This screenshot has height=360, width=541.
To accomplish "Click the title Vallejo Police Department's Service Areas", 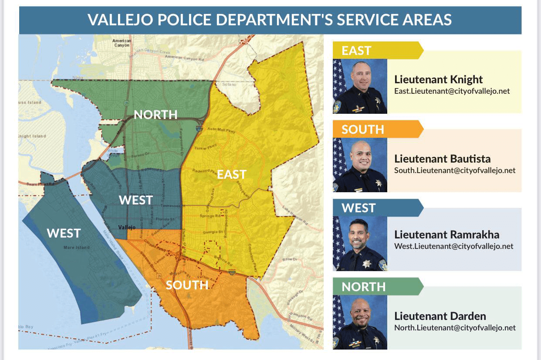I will click(x=270, y=20).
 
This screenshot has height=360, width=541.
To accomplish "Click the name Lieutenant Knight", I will click(x=438, y=80).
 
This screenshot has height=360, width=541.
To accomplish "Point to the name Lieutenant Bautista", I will click(x=442, y=159).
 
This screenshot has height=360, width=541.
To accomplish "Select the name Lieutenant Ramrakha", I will click(x=446, y=235).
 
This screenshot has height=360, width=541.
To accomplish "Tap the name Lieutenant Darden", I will click(x=440, y=316).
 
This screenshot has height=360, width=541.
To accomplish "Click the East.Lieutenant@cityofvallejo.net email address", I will click(x=452, y=91).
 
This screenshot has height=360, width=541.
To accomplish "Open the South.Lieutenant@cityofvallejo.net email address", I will click(x=455, y=170).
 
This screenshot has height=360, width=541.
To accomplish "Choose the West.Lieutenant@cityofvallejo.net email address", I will click(x=453, y=246).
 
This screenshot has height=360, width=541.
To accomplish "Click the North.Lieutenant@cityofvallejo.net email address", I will click(x=455, y=328).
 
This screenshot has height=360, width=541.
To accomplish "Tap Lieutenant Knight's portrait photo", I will click(x=360, y=86).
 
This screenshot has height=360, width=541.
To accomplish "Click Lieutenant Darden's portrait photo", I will click(x=360, y=322).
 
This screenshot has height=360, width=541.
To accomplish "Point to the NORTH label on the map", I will click(x=156, y=115).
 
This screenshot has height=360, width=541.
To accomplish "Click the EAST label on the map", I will click(x=232, y=174).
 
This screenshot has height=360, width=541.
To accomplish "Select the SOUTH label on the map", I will click(x=187, y=285).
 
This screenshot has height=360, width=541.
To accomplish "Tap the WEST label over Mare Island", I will click(x=64, y=233).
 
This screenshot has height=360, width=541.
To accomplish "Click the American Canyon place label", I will click(x=122, y=43).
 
